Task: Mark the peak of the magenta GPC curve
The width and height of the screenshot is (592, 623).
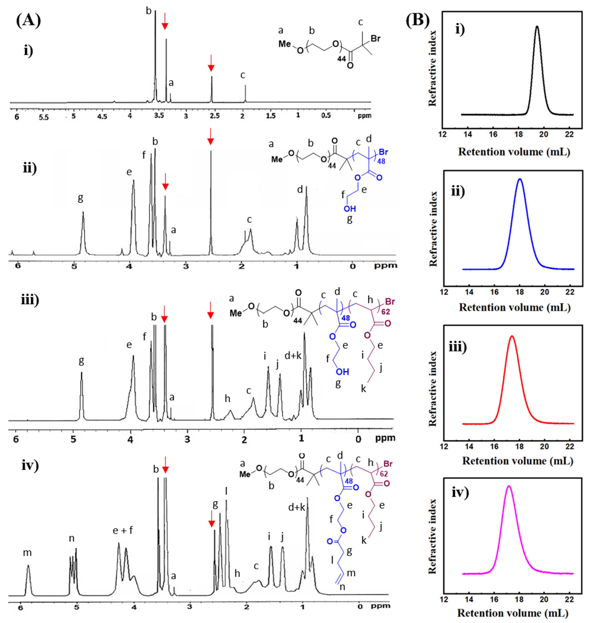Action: coord(508,486)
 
